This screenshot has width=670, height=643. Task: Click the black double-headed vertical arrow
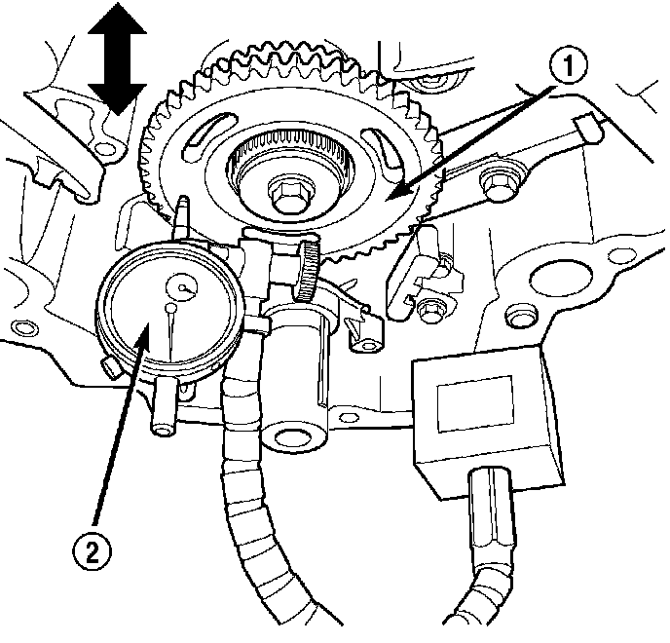coord(115,57)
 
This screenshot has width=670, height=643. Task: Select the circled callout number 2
coord(90,552)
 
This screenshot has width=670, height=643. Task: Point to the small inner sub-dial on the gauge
coord(182,285)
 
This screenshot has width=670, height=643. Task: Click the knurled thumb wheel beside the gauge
coord(309,271)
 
